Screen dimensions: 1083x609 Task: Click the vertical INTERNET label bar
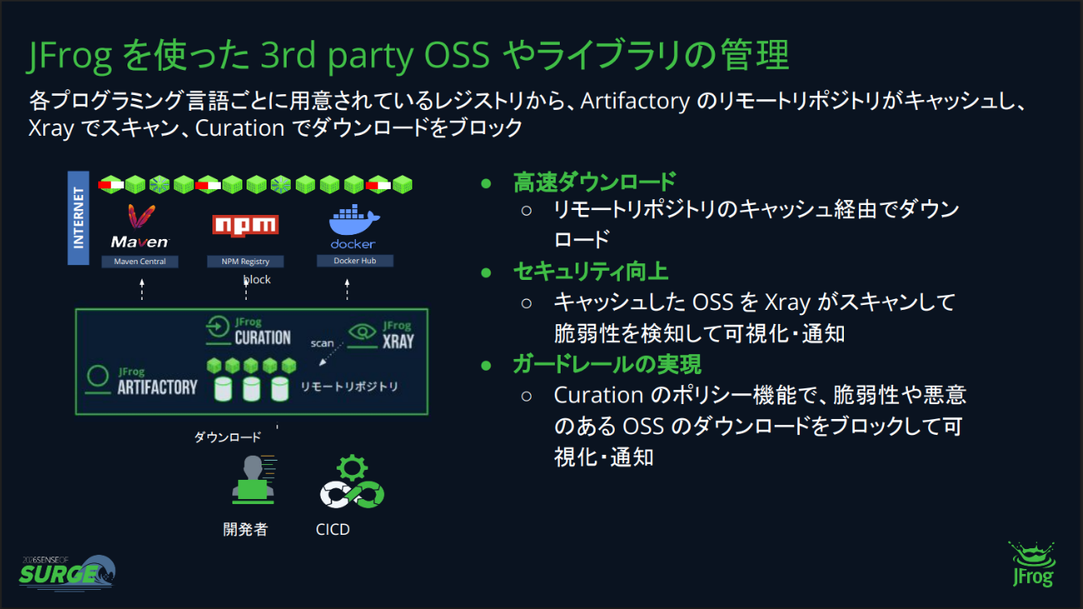click(78, 217)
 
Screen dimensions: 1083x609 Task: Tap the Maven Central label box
click(140, 262)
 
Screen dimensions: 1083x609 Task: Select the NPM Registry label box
click(245, 262)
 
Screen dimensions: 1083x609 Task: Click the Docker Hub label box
click(355, 261)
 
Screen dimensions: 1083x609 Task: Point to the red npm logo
click(246, 226)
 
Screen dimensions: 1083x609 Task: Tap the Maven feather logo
click(141, 217)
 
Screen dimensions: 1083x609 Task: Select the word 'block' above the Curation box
click(257, 279)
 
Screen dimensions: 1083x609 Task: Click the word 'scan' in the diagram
click(322, 343)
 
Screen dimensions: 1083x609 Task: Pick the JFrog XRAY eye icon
click(362, 332)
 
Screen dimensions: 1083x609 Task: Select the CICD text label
click(332, 530)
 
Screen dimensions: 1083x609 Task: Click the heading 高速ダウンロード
click(594, 182)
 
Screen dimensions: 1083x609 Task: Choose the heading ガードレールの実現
click(606, 364)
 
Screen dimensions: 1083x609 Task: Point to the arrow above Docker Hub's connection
click(347, 290)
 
